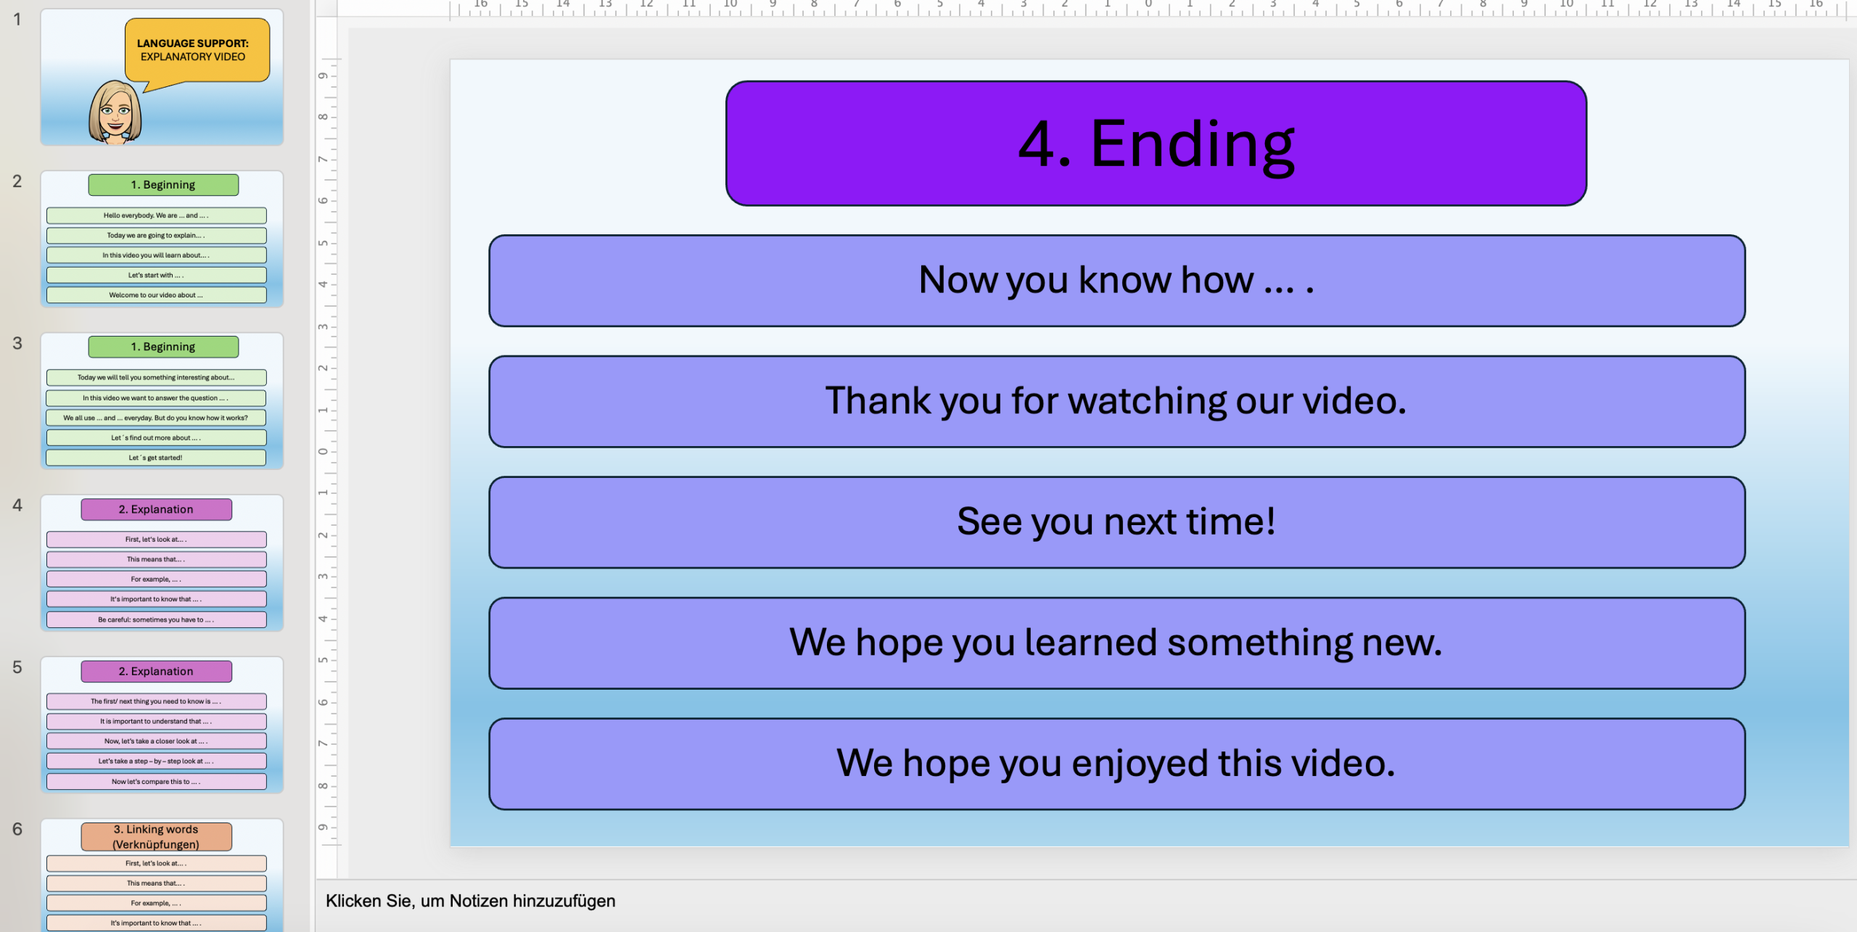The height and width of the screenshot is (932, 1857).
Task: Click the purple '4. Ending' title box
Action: click(x=1156, y=143)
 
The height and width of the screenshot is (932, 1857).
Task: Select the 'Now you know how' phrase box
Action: click(x=1116, y=281)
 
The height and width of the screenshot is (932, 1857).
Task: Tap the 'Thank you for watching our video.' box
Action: click(x=1116, y=401)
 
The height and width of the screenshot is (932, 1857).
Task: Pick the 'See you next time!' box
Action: click(x=1116, y=522)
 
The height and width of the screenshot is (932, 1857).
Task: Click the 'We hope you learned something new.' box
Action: click(x=1116, y=643)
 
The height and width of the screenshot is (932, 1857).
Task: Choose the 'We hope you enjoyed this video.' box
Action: click(x=1116, y=764)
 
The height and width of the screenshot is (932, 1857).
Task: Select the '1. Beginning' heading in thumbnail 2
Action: click(x=163, y=185)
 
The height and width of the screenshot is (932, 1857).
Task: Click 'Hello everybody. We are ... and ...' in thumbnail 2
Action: click(x=156, y=215)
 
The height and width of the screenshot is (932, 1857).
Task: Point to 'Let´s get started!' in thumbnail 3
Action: click(x=156, y=458)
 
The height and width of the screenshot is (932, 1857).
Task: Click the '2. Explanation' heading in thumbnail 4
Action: click(x=156, y=509)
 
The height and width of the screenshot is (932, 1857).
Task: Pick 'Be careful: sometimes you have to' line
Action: click(x=156, y=619)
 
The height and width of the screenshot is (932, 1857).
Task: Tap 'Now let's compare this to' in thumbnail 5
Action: click(x=156, y=781)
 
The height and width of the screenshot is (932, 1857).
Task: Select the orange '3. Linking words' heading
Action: click(x=156, y=836)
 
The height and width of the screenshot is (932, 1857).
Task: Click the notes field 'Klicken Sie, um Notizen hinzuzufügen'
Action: click(x=470, y=901)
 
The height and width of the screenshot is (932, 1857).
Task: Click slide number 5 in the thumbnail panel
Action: click(x=17, y=667)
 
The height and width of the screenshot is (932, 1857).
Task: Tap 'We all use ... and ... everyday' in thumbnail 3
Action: click(x=156, y=418)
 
